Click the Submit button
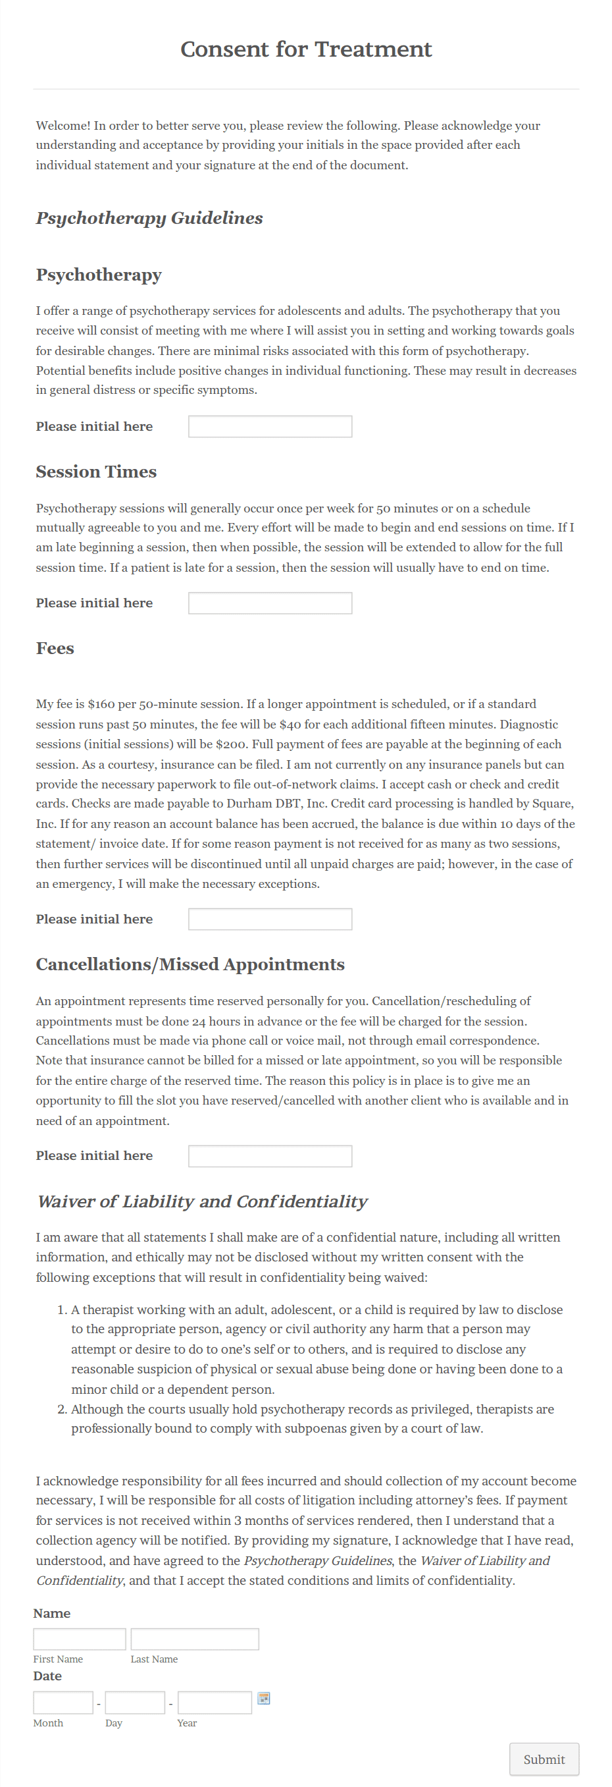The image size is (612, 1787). pyautogui.click(x=544, y=1759)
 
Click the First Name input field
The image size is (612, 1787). pyautogui.click(x=80, y=1639)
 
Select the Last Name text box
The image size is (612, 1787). pyautogui.click(x=195, y=1639)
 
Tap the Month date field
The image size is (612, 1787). pyautogui.click(x=63, y=1703)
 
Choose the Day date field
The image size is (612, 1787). pyautogui.click(x=135, y=1703)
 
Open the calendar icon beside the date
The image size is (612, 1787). pyautogui.click(x=263, y=1697)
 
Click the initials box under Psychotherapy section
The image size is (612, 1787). pyautogui.click(x=270, y=426)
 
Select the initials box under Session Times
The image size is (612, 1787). pyautogui.click(x=270, y=603)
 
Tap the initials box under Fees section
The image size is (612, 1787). pyautogui.click(x=270, y=918)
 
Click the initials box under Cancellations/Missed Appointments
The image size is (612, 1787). pyautogui.click(x=270, y=1156)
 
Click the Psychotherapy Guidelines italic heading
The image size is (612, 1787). pyautogui.click(x=149, y=218)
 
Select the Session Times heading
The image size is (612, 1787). pyautogui.click(x=96, y=472)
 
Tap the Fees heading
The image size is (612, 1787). pyautogui.click(x=55, y=648)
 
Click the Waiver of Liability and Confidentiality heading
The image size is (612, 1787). pyautogui.click(x=201, y=1201)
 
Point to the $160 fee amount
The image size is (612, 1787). pyautogui.click(x=101, y=704)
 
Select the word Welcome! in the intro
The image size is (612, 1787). pyautogui.click(x=63, y=126)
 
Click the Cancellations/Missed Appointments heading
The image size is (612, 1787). pyautogui.click(x=190, y=964)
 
